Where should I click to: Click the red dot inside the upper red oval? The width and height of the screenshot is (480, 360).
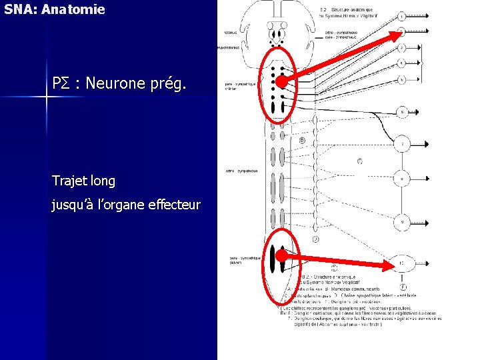(x=282, y=82)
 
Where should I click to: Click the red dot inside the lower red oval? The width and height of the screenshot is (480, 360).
(x=281, y=255)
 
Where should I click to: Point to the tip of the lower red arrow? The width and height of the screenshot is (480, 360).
(x=393, y=265)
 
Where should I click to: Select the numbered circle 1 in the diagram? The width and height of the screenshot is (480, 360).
(x=402, y=15)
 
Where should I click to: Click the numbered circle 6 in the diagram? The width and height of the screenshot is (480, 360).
(x=402, y=113)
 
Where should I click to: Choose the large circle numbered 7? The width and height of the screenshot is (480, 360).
(x=402, y=144)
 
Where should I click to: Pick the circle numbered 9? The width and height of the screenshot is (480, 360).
(x=402, y=221)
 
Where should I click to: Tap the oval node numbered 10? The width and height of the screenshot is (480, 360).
(x=401, y=264)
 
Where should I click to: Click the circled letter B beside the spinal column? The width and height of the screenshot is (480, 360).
(x=302, y=141)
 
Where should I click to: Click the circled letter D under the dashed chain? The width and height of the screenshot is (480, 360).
(x=315, y=239)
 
